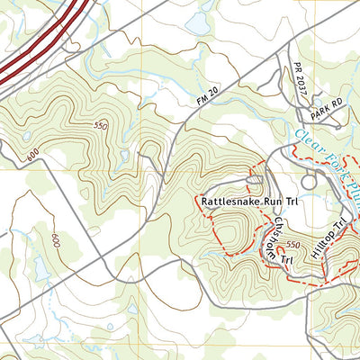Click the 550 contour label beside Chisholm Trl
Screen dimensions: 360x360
pos(292,245)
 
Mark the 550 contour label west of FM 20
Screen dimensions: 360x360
pos(100,127)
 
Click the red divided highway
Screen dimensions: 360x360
pos(45,40)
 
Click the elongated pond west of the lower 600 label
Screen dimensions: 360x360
pos(40,267)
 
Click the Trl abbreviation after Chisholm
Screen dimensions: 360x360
pos(285,260)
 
